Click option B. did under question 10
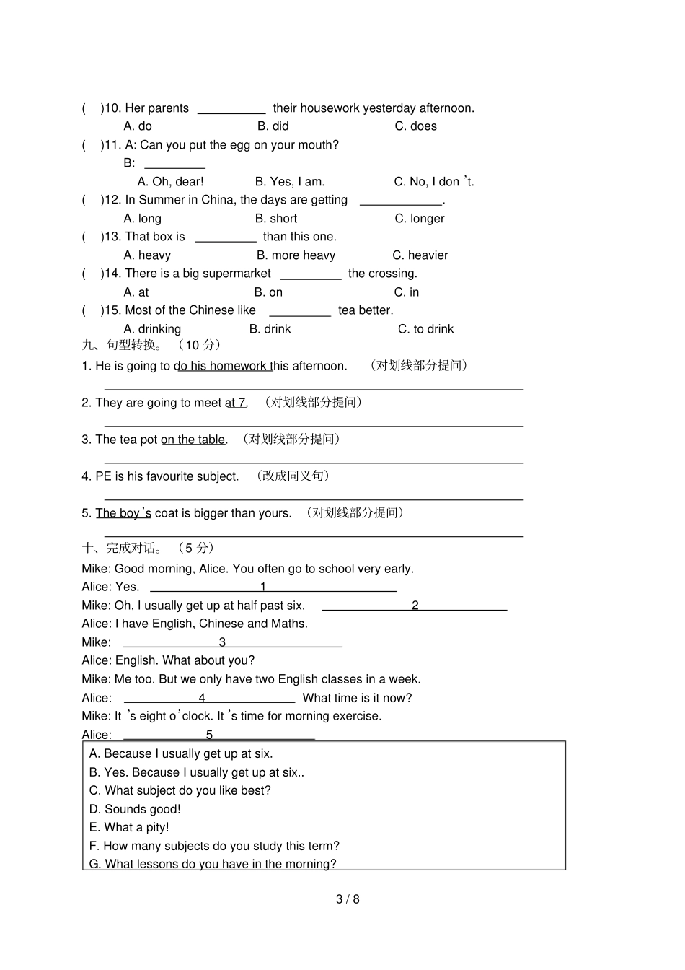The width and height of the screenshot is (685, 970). (x=273, y=126)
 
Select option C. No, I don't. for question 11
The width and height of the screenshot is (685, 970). (x=433, y=182)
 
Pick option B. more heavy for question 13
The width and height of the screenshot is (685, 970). (x=296, y=255)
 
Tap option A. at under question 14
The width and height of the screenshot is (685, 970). (x=136, y=292)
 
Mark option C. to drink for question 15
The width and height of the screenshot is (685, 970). (x=425, y=329)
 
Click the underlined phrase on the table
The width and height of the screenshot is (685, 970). (x=193, y=440)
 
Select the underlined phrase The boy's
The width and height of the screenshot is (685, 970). (x=123, y=513)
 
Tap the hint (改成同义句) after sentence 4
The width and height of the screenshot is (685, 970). (x=293, y=476)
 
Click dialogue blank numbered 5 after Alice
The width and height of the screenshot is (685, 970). (x=218, y=736)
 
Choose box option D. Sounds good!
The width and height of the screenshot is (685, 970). (x=135, y=809)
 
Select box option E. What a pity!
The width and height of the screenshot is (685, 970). (x=129, y=828)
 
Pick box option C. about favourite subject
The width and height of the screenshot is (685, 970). (x=180, y=791)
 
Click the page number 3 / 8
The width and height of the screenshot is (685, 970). (x=348, y=899)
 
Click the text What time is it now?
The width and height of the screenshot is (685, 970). (x=357, y=698)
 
